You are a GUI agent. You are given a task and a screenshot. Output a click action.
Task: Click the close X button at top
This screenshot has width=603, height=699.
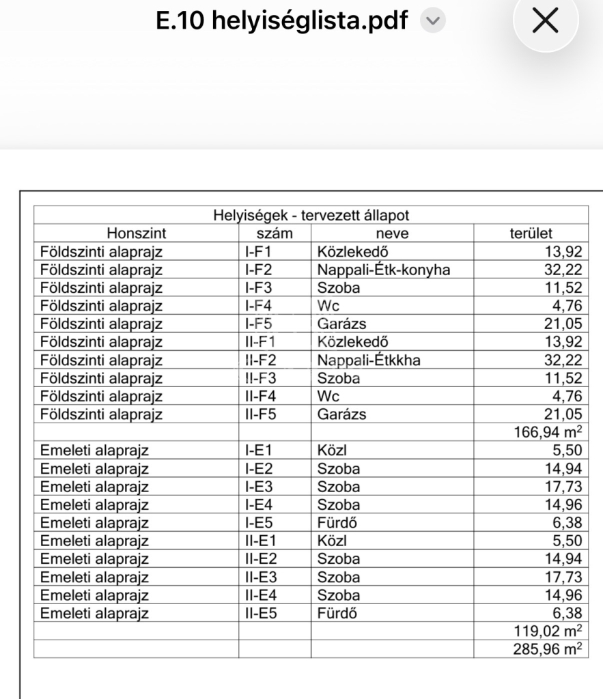pyautogui.click(x=545, y=23)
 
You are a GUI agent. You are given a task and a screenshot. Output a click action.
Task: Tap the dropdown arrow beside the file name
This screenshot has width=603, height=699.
pyautogui.click(x=430, y=22)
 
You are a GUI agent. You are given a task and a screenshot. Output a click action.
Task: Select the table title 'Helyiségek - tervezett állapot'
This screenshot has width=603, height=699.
pyautogui.click(x=311, y=216)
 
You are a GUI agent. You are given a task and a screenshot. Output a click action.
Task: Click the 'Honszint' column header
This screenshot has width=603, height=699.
pyautogui.click(x=137, y=233)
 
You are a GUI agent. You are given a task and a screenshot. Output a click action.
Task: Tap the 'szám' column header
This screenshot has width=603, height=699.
pyautogui.click(x=275, y=233)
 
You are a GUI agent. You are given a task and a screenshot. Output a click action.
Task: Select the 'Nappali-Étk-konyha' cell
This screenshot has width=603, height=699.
pyautogui.click(x=383, y=270)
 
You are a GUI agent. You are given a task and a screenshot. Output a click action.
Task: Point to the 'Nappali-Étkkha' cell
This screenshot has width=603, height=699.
pyautogui.click(x=370, y=359)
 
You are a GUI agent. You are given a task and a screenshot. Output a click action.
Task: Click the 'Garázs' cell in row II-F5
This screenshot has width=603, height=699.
pyautogui.click(x=341, y=414)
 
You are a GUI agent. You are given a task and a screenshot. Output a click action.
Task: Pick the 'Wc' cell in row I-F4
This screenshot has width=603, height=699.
pyautogui.click(x=328, y=305)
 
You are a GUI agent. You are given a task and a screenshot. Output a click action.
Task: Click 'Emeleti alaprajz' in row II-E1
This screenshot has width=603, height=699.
pyautogui.click(x=95, y=541)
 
